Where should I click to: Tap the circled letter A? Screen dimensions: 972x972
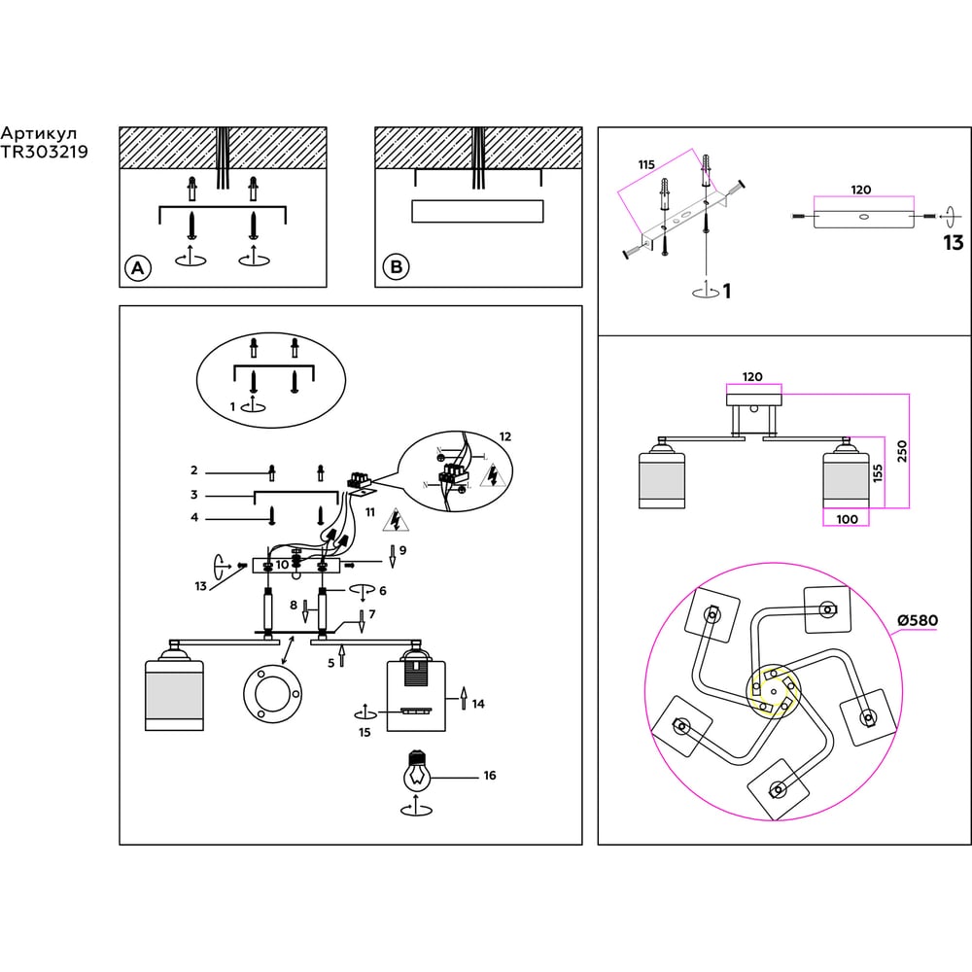[139, 268]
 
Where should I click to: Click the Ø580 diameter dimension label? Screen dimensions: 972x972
[917, 620]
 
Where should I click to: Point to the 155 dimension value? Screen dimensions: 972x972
[878, 473]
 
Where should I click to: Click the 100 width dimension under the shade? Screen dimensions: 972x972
[847, 519]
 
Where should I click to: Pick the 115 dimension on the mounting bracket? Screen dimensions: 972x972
[646, 165]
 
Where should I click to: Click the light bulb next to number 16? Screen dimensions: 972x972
[417, 774]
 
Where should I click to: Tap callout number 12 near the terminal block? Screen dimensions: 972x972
[503, 436]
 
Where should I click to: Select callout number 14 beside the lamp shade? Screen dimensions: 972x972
[478, 705]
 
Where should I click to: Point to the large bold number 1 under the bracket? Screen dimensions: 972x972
[726, 290]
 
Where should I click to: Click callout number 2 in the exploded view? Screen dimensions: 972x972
[194, 470]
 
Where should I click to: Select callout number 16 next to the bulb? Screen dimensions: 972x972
[489, 776]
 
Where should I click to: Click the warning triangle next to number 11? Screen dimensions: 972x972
[396, 522]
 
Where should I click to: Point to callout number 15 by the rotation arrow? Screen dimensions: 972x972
[364, 733]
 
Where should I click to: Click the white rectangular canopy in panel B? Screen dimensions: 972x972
[476, 211]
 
